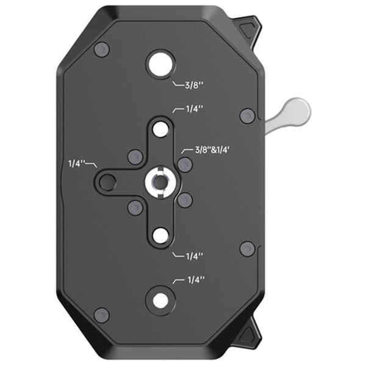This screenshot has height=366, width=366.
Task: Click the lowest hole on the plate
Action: click(160, 300)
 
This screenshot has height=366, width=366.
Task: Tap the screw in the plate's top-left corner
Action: click(102, 49)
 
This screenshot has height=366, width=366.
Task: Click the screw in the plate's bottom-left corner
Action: click(102, 315)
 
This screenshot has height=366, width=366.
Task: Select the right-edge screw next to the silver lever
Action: click(247, 115)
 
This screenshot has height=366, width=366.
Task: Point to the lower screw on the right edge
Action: click(247, 248)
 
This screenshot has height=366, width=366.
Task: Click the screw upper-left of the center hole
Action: click(135, 157)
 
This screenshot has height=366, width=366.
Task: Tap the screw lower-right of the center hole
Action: click(185, 200)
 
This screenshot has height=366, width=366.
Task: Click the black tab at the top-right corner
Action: click(250, 28)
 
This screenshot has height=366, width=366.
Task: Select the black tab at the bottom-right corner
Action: click(251, 333)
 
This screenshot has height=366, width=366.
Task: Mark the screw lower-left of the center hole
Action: click(135, 207)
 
